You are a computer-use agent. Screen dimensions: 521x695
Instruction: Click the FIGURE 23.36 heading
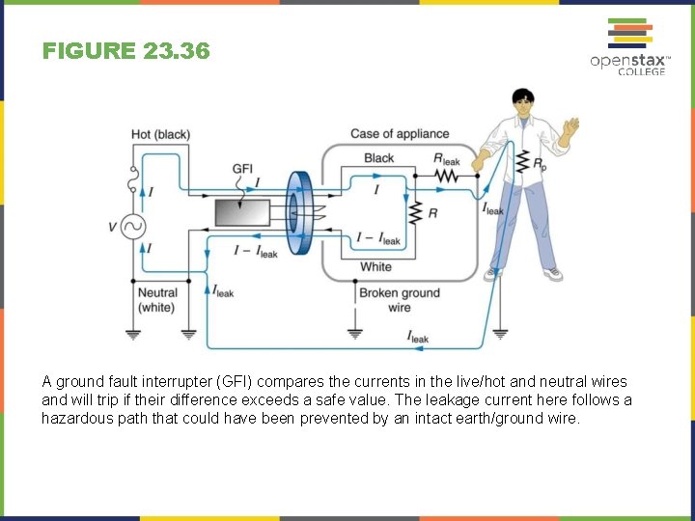pos(125,51)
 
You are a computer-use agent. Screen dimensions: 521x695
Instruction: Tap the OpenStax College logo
pos(629,48)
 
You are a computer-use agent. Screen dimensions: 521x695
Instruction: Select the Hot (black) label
pos(160,134)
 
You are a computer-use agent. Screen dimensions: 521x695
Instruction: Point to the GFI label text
pos(242,169)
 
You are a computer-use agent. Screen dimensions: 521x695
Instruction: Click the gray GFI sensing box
pos(242,212)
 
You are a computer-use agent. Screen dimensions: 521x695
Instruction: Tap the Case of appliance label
pos(400,134)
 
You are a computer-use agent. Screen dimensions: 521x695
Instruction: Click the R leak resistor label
pos(447,159)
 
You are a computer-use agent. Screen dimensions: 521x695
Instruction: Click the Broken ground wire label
pos(399,300)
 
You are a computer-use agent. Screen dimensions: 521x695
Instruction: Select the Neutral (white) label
pos(156,300)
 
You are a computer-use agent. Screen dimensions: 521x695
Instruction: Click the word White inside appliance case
pos(375,267)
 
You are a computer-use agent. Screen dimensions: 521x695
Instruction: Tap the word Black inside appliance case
pos(378,158)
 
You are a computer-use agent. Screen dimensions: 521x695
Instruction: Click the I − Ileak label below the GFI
pos(256,251)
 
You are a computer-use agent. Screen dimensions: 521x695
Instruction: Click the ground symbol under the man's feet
pos(499,335)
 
